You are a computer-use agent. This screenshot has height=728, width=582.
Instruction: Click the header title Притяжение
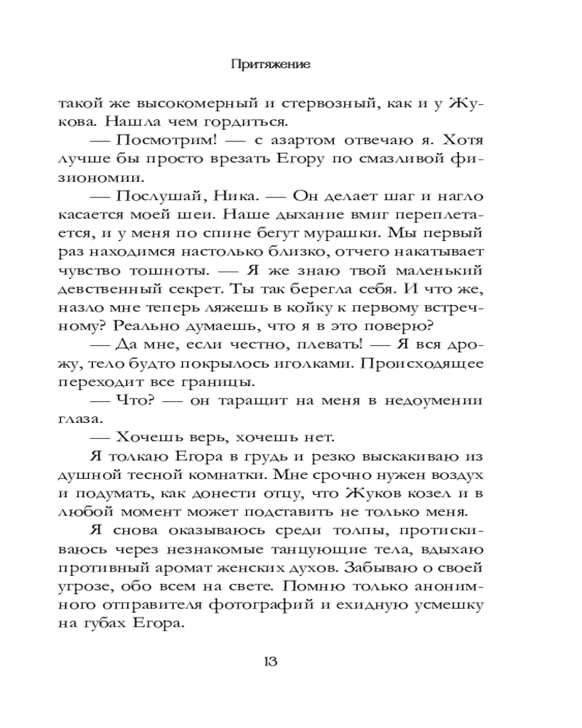coord(271,64)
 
